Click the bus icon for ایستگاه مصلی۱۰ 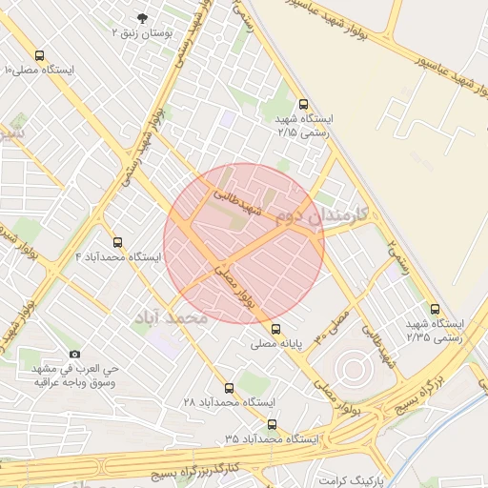39,55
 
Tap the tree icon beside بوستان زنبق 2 144,18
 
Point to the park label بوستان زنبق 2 143,33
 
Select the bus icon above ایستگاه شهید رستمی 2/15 303,104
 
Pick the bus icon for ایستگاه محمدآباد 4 117,242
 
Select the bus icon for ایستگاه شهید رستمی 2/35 435,309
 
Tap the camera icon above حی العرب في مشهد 75,355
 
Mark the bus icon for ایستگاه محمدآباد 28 228,388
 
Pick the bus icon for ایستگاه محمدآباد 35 273,423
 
